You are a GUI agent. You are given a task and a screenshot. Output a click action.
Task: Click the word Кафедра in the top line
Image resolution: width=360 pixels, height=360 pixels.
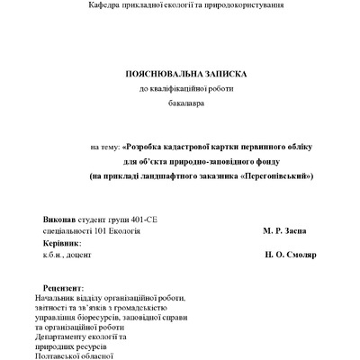pyautogui.click(x=105, y=6)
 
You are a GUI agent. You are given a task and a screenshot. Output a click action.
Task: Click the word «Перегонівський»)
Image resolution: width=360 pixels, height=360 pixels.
pyautogui.click(x=278, y=175)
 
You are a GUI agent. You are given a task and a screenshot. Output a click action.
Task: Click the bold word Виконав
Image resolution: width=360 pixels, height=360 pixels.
pyautogui.click(x=59, y=220)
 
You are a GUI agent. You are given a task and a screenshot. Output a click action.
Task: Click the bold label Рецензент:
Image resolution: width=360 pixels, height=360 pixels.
pyautogui.click(x=50, y=287)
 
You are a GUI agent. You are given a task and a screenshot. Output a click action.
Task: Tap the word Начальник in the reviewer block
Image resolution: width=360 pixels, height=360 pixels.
pyautogui.click(x=51, y=297)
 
